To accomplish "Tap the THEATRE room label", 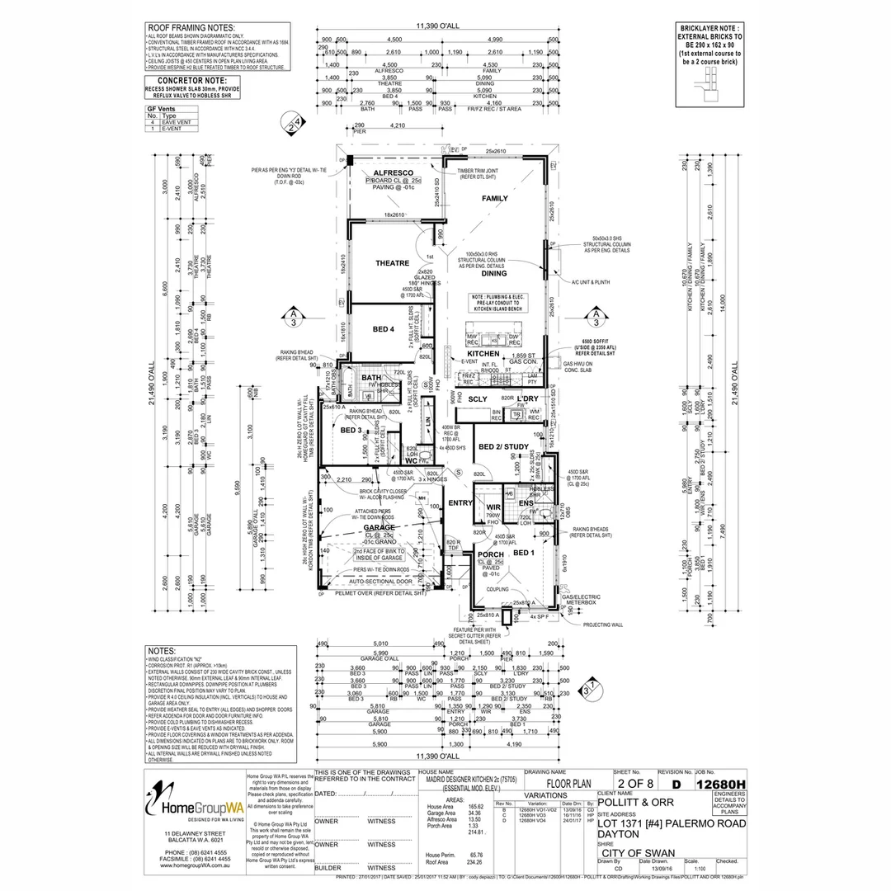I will point(393,263).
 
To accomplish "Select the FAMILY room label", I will point(495,199).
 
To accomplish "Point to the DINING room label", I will point(489,273).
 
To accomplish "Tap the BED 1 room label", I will point(524,553).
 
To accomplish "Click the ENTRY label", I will point(459,502).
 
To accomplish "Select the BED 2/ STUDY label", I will point(503,446).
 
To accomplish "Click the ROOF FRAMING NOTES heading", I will point(189,28).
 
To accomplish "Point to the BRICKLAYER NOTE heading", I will point(709,26).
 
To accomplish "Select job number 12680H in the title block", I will point(720,785).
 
